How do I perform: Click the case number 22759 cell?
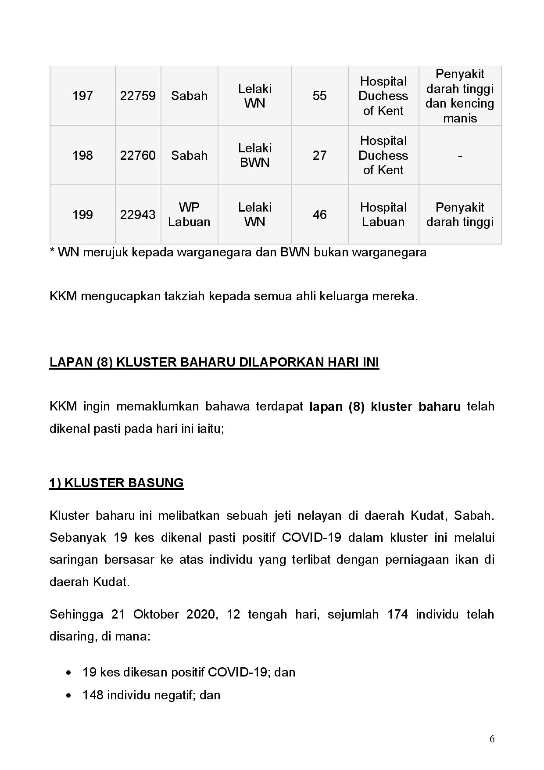[138, 96]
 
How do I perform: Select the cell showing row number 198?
[82, 155]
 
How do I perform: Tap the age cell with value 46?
[319, 215]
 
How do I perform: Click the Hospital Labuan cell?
[383, 215]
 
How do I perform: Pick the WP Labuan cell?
[189, 215]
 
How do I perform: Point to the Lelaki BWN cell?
[255, 155]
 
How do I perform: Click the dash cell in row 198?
[460, 155]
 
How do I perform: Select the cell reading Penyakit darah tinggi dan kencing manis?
[460, 96]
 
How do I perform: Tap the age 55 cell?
[319, 96]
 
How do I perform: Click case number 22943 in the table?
[138, 215]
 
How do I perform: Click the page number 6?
[492, 739]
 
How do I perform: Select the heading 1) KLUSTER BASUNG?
[116, 483]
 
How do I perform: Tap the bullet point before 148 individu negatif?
[68, 695]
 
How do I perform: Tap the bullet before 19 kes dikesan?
[68, 673]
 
